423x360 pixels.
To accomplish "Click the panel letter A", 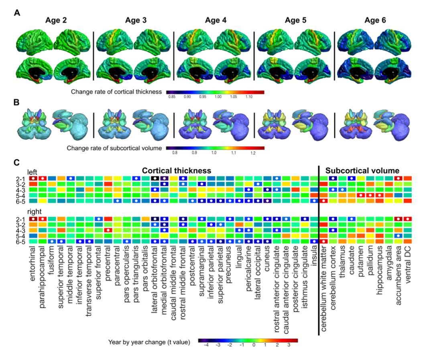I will [16, 13].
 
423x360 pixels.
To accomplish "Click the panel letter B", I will [16, 101].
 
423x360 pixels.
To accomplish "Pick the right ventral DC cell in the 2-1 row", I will [408, 219].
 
